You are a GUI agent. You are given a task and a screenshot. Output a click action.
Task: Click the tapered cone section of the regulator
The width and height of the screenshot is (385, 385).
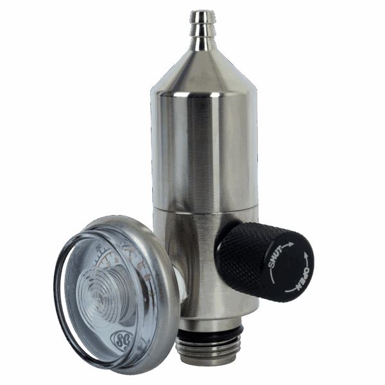pyautogui.click(x=203, y=71)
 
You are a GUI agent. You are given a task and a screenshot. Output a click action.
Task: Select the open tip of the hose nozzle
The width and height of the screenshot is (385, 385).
pyautogui.click(x=203, y=12)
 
